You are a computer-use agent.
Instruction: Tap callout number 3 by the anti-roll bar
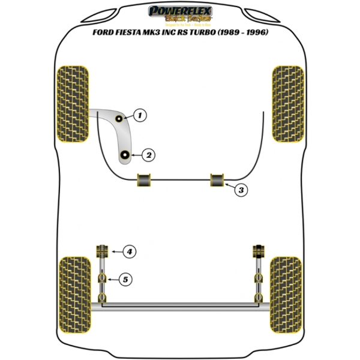240,191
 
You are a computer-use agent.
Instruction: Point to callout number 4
128,251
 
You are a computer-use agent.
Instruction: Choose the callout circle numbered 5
125,279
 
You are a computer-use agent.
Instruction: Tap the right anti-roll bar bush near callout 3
217,179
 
